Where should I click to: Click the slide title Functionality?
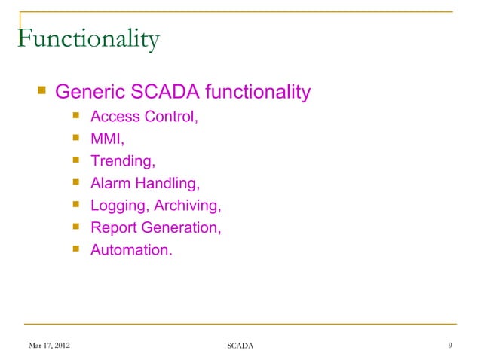coord(87,39)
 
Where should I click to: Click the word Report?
coord(113,227)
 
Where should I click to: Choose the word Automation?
coord(130,249)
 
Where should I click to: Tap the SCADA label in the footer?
coord(240,346)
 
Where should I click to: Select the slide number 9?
coord(449,346)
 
